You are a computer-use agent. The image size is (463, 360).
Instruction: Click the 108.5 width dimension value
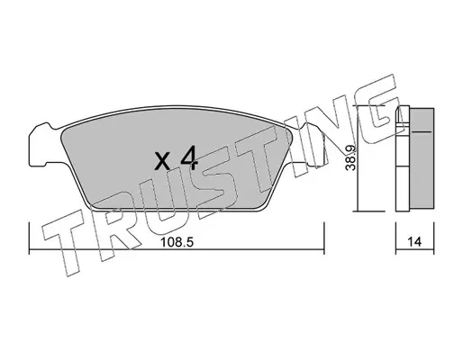coord(177,242)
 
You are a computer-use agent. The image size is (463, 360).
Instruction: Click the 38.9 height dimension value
coord(350,157)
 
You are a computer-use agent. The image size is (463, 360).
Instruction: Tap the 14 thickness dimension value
coord(414,242)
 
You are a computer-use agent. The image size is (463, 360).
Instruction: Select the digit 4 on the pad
coord(189,157)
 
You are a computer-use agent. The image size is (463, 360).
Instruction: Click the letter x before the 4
coord(163,161)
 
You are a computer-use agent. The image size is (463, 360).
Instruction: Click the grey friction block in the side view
coord(421,158)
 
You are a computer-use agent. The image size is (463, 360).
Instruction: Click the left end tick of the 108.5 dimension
coord(29,238)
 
